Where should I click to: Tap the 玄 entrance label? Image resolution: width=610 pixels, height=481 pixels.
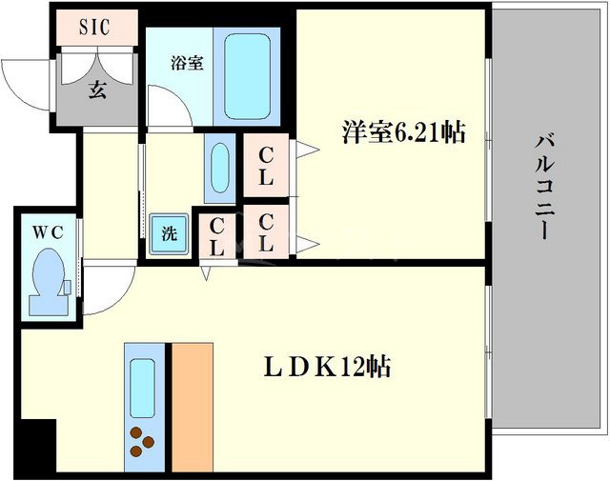click(97, 91)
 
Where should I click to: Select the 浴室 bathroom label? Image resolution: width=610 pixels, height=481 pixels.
click(186, 65)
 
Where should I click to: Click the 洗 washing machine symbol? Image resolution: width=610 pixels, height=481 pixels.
click(168, 232)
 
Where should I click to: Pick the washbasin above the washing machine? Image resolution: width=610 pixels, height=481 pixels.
click(219, 169)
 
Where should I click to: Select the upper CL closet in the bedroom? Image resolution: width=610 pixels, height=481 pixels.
click(266, 166)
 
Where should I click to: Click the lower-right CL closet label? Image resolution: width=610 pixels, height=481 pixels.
click(266, 232)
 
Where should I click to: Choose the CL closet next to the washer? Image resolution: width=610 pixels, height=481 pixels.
click(217, 236)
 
